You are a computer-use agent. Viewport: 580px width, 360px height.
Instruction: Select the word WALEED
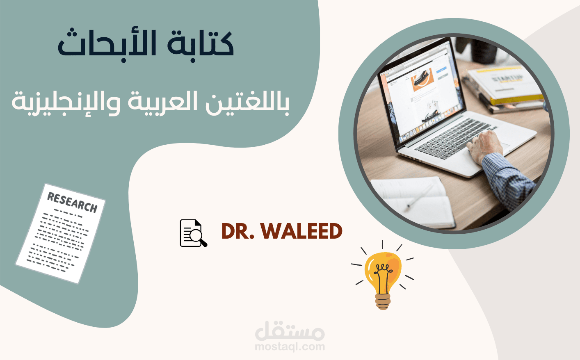(301, 231)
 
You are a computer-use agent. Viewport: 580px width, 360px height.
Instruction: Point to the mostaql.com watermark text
(290, 347)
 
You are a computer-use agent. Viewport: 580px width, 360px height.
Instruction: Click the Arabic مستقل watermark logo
(290, 330)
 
